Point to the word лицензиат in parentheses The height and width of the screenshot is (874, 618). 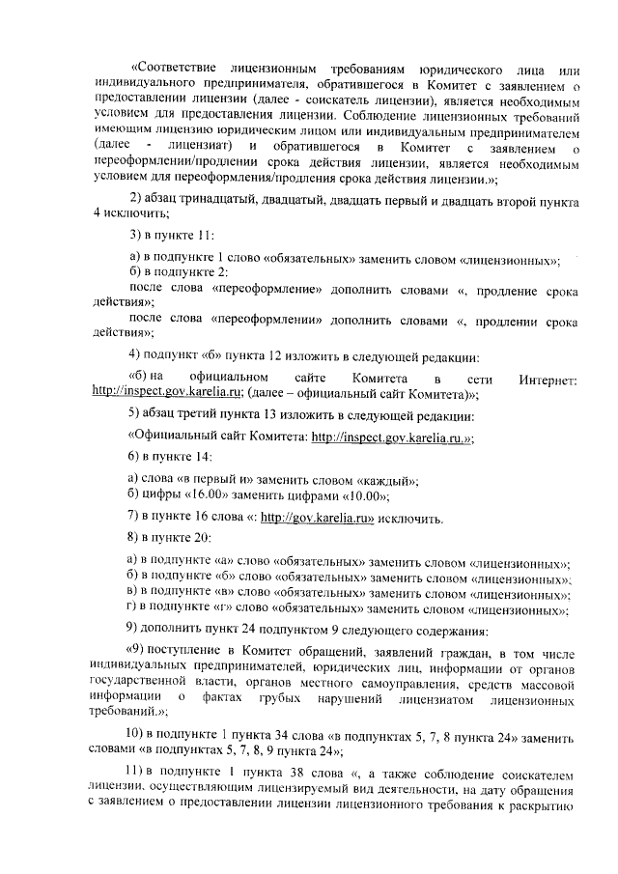click(198, 145)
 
